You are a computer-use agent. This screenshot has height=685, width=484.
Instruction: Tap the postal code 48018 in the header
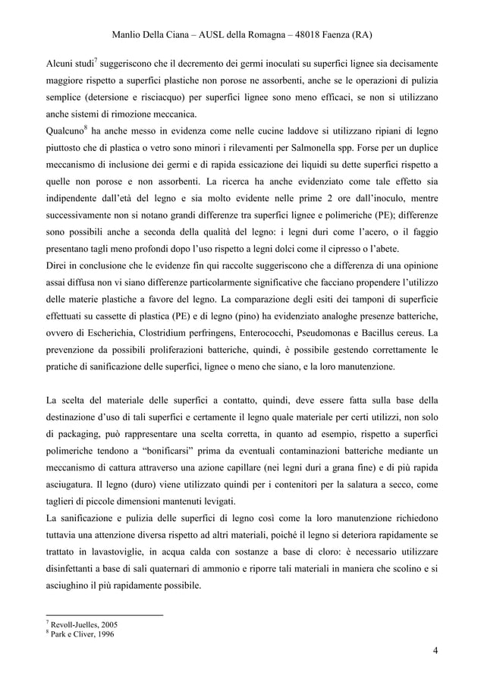(299, 36)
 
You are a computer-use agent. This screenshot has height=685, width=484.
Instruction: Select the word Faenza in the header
(338, 36)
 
